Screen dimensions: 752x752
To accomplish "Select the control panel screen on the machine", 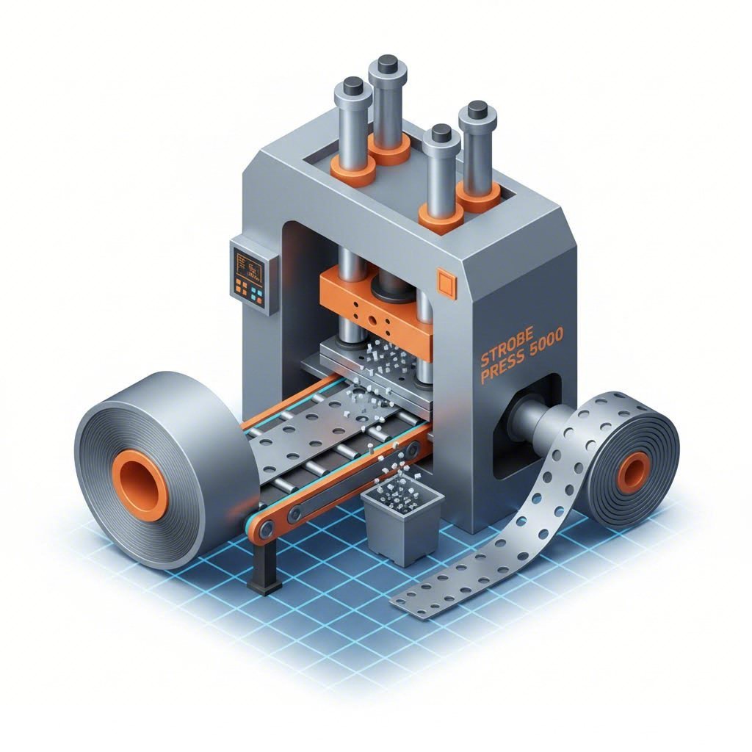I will (x=248, y=264).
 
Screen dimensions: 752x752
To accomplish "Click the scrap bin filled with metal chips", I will (x=403, y=521).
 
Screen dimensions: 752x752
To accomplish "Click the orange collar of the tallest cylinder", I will (x=388, y=151).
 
